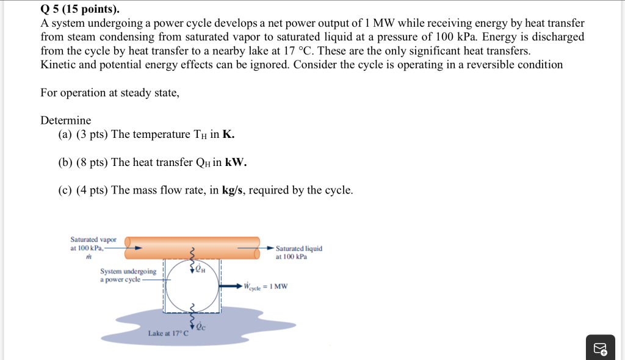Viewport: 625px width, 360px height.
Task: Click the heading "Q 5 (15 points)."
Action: [71, 10]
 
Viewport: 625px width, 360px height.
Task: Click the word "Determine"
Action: [65, 120]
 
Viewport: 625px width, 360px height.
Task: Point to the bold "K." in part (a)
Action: [229, 134]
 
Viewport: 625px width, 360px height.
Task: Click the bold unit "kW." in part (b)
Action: [236, 162]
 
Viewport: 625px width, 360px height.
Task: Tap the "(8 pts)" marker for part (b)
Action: [92, 162]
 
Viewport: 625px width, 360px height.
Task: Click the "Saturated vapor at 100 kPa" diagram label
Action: [93, 243]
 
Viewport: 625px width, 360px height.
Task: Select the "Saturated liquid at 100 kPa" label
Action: [299, 253]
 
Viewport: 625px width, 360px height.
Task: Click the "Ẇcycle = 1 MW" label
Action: [266, 286]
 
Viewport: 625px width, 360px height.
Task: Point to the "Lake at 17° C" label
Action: [168, 334]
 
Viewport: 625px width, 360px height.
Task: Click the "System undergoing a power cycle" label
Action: [128, 275]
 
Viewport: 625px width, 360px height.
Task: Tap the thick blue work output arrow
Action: [231, 286]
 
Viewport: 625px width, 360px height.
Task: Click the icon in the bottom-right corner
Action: [600, 348]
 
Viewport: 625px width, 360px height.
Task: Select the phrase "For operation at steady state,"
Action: [110, 93]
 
